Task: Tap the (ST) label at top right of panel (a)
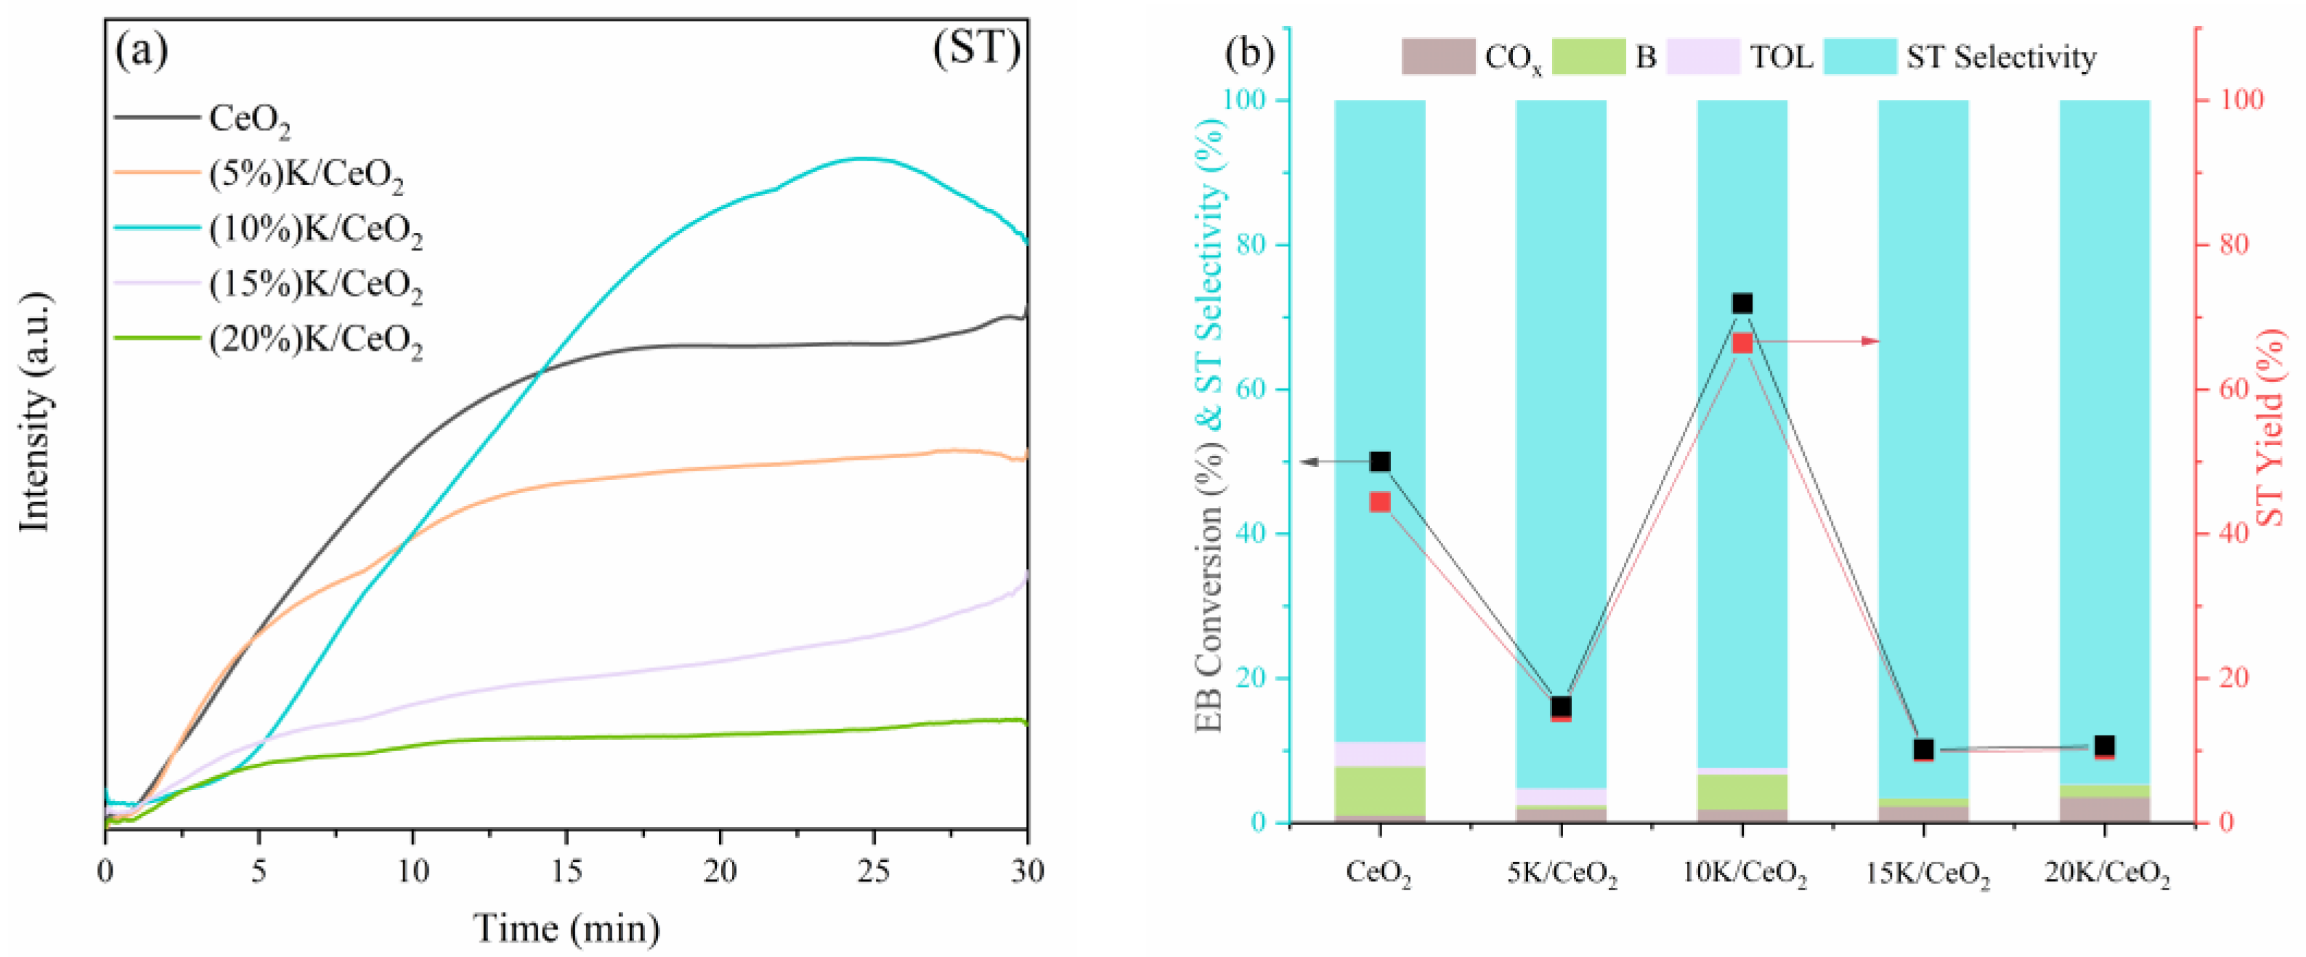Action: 975,49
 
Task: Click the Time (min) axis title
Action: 566,929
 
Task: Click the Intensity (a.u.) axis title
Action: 36,412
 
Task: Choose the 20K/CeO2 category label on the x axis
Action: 2106,873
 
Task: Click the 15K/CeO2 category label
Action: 1926,873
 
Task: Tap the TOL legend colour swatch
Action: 1702,57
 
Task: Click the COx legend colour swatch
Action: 1437,57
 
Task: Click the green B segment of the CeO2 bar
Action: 1379,791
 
